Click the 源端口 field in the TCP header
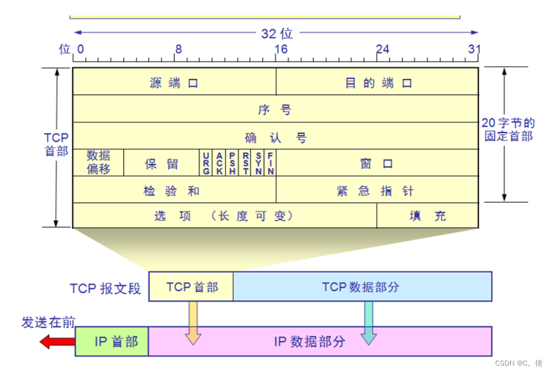coord(174,83)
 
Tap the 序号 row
coord(275,109)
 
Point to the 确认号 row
coord(275,137)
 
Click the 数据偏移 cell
coord(98,163)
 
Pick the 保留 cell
coord(162,163)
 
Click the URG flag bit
coord(206,163)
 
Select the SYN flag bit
coord(259,163)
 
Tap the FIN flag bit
coord(270,163)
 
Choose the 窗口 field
coord(377,163)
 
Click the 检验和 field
coord(174,190)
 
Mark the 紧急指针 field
coord(377,190)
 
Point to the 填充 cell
coord(427,216)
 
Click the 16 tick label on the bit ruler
coord(281,49)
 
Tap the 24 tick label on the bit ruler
coord(382,49)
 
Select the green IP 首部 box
coord(112,342)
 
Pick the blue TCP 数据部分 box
coord(362,286)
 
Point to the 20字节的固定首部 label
coord(509,129)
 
